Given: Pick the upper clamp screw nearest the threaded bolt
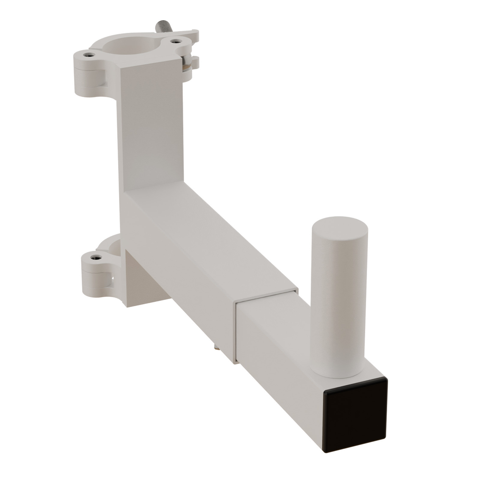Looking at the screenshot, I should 176,41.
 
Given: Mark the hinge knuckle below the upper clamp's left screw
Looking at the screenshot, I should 89,80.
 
